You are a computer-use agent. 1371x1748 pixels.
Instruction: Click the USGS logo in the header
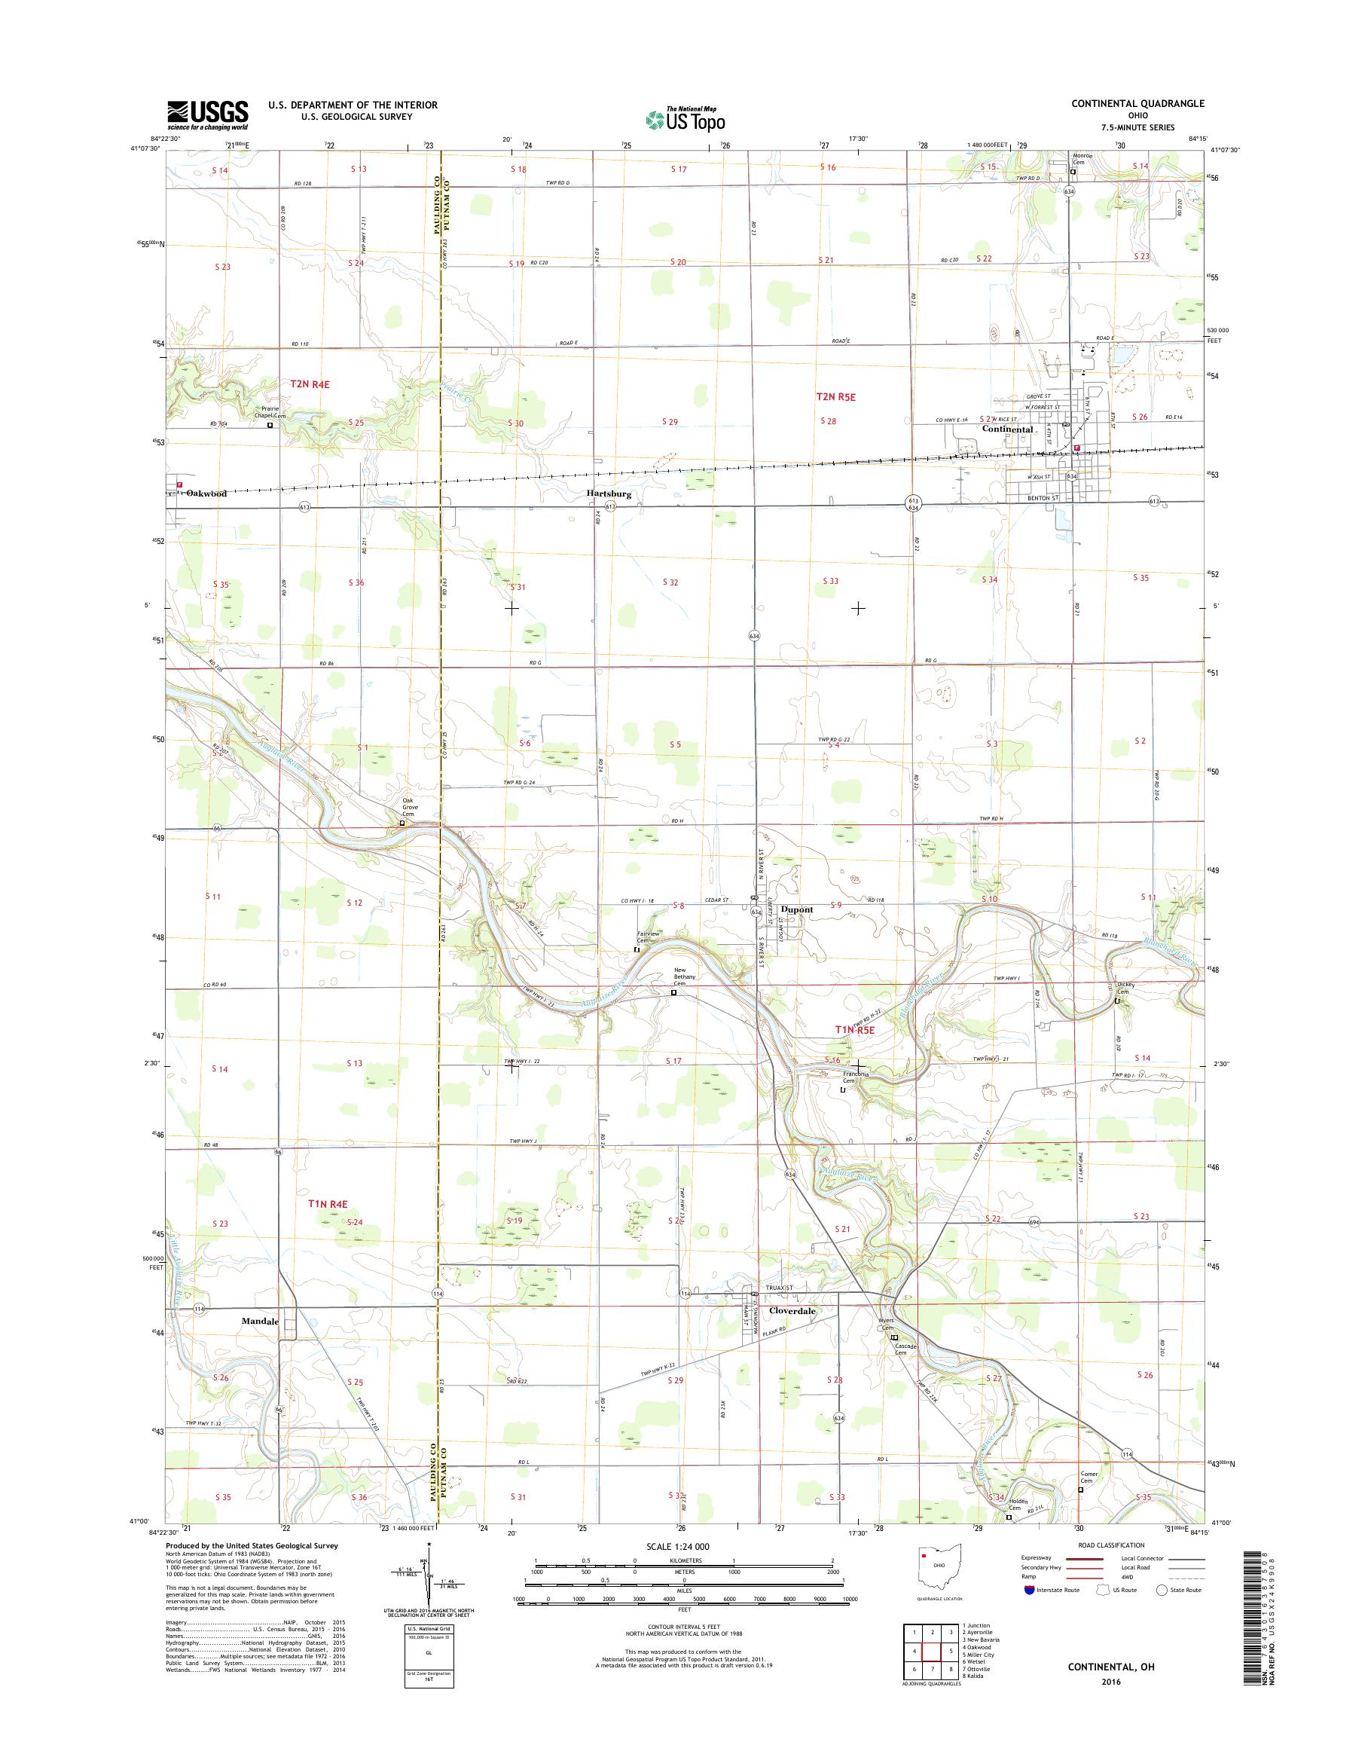(x=207, y=115)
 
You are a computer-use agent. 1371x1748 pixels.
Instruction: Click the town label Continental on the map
(x=1007, y=429)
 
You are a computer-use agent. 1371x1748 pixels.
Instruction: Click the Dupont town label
(x=796, y=909)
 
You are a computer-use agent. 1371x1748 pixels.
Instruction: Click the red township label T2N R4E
(x=310, y=384)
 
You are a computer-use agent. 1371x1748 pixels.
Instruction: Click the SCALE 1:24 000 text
(x=678, y=1547)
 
